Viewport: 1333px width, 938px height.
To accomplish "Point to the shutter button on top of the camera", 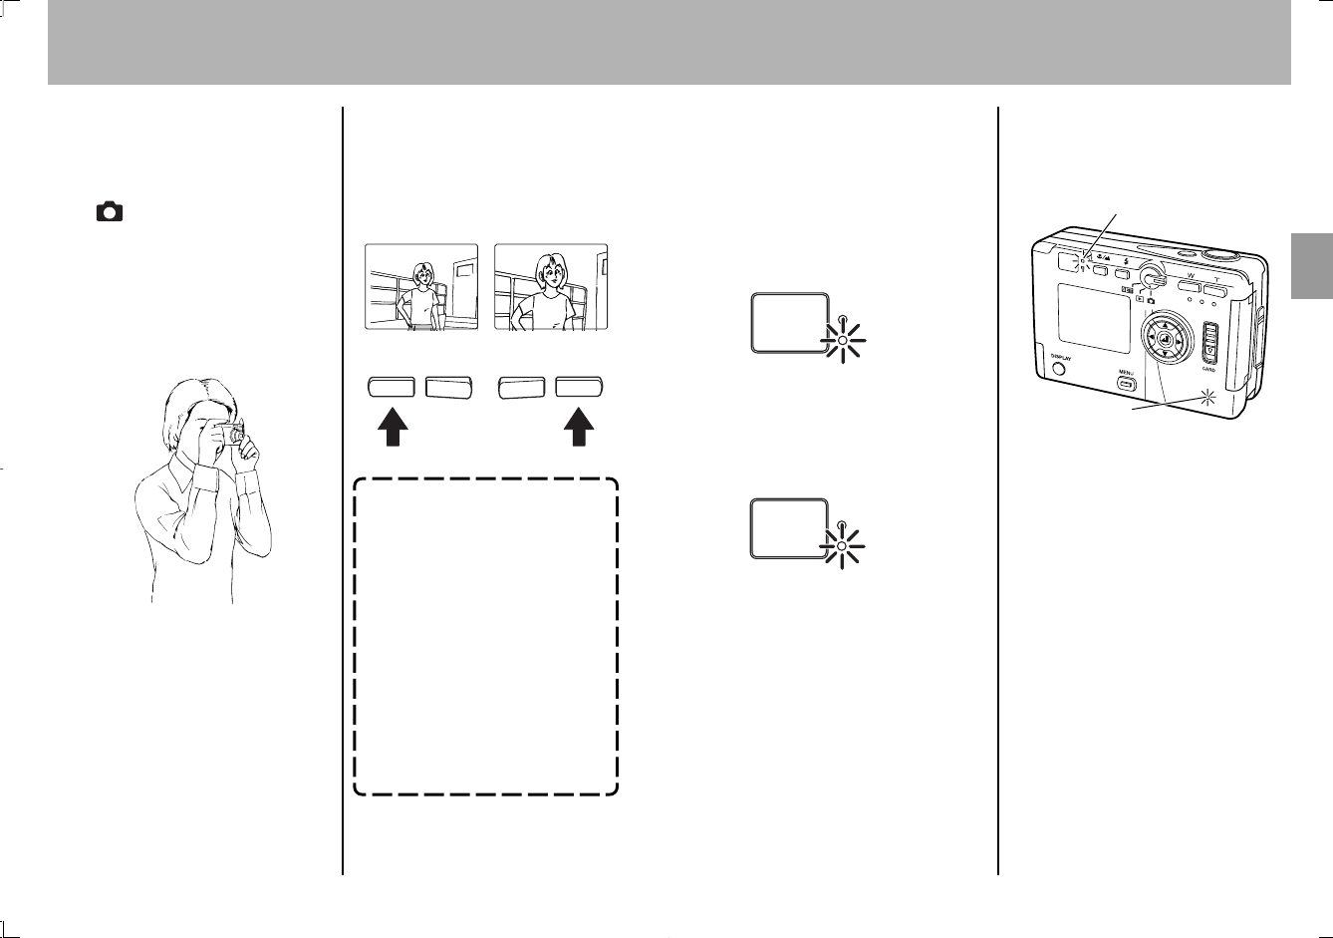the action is (1219, 255).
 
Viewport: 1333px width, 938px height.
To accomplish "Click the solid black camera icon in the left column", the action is (110, 211).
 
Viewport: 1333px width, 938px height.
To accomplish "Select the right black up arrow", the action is (581, 433).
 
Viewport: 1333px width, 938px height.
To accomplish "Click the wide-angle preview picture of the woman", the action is (421, 287).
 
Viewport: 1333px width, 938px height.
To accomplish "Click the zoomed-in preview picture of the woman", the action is (551, 287).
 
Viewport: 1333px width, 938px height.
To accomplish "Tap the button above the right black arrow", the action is (581, 388).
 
